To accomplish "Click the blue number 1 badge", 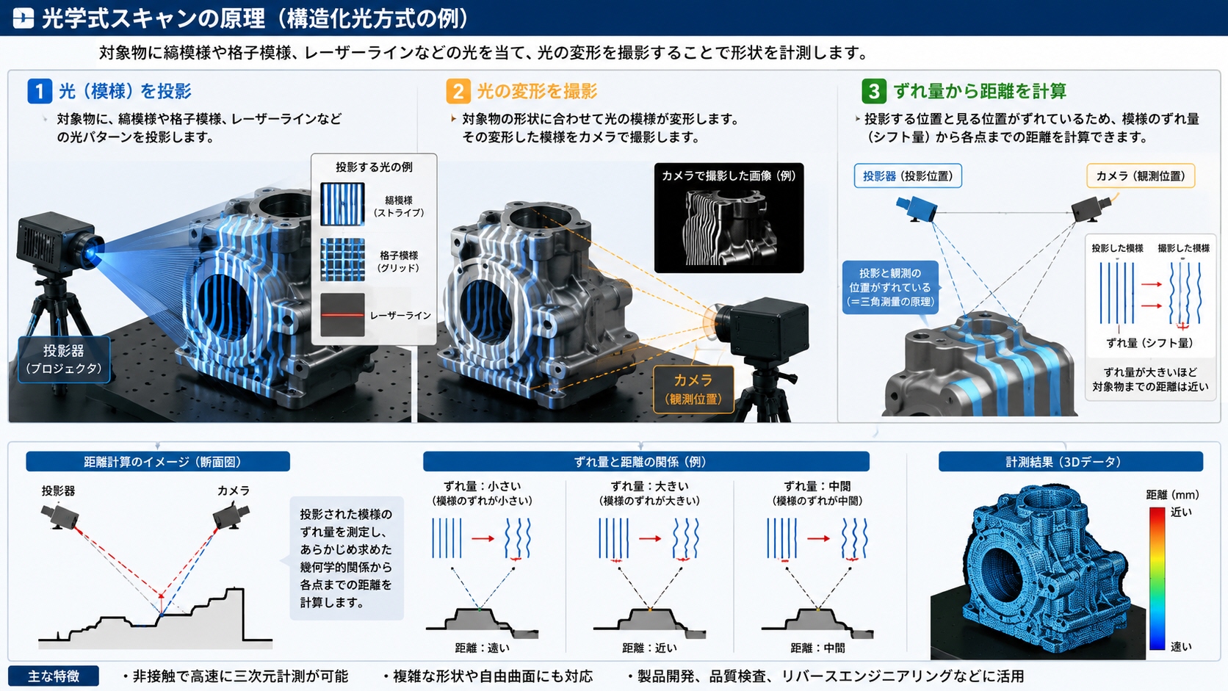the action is [x=40, y=91].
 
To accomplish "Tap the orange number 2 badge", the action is [x=458, y=91].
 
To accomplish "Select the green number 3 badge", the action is [x=874, y=91].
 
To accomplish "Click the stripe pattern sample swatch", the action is [x=343, y=204].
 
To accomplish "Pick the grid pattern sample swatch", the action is [x=343, y=260].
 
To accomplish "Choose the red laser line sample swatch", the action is [x=343, y=314].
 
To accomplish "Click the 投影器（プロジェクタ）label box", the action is [x=64, y=360].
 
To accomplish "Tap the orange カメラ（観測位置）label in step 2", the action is [x=693, y=389].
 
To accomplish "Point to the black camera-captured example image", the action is [x=729, y=217].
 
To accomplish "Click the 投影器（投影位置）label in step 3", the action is [x=908, y=176].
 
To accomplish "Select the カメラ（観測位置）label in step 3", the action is [x=1141, y=176].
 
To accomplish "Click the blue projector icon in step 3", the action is [x=917, y=209].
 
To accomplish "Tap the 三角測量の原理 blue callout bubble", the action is [x=890, y=287].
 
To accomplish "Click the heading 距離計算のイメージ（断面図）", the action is [x=158, y=461].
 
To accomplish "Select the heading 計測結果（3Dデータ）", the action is [x=1071, y=461].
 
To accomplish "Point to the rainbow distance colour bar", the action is [x=1157, y=579].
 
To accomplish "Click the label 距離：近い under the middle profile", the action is [x=650, y=648].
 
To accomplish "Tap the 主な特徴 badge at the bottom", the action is [x=54, y=676].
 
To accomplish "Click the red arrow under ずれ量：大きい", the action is [x=650, y=539].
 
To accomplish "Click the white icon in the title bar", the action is [x=23, y=18].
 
